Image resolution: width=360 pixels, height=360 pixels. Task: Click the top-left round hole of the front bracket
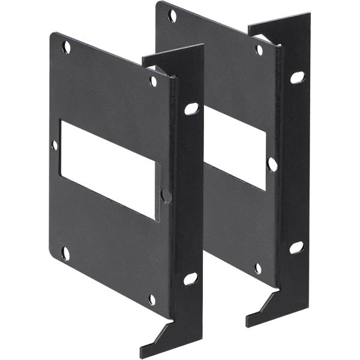pos(67,46)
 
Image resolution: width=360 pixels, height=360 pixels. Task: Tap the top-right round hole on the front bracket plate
pos(153,80)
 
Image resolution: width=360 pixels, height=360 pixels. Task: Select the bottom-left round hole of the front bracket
pos(65,254)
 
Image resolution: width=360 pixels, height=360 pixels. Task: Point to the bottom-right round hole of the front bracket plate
pos(152,298)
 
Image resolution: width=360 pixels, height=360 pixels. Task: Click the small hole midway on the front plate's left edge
pos(55,145)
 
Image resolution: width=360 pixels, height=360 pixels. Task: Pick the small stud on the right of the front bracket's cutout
pos(166,196)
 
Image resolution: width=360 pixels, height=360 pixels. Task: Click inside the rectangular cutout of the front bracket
pos(108,168)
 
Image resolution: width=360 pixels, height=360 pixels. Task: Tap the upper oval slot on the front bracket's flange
pos(191,109)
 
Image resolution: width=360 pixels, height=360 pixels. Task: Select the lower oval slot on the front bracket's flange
pos(190,278)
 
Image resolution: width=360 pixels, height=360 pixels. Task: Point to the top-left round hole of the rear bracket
pos(173,15)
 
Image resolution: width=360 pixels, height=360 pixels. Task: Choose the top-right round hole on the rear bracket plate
pos(259,50)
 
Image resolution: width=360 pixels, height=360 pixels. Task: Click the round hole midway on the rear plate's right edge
pos(272,164)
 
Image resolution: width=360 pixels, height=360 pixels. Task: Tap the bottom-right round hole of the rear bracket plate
pos(257,268)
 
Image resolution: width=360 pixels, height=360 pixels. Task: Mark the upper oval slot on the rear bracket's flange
pos(296,77)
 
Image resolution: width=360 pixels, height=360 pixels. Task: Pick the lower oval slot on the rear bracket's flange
pos(296,247)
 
